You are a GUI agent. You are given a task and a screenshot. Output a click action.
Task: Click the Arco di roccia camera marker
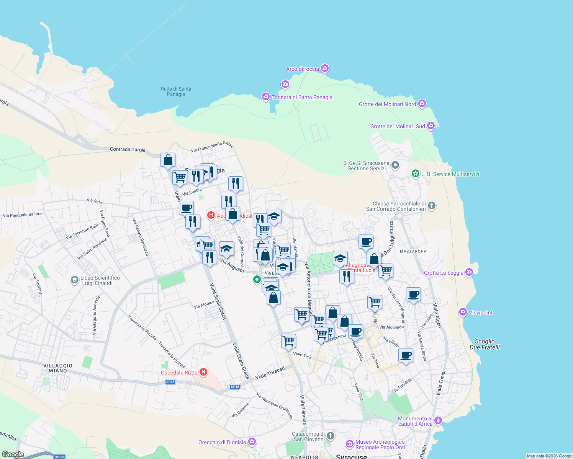[x=325, y=68]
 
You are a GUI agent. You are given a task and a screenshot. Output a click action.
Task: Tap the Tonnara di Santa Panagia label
[x=302, y=97]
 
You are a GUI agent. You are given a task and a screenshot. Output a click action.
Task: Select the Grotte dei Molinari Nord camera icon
[x=422, y=103]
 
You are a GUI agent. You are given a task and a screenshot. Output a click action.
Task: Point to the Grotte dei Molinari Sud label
[x=398, y=126]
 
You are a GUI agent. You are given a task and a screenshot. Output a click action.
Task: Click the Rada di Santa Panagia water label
[x=176, y=91]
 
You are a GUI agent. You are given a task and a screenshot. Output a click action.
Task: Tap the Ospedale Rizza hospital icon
[x=203, y=372]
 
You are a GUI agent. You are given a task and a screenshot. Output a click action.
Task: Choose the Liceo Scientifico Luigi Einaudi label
[x=100, y=280]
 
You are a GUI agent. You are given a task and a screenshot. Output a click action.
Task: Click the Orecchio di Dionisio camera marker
[x=252, y=441]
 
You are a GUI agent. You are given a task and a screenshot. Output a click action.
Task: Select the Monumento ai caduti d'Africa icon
[x=438, y=421]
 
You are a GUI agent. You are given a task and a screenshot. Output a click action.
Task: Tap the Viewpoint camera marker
[x=463, y=312]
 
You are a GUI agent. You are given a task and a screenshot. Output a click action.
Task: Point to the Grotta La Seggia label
[x=444, y=273]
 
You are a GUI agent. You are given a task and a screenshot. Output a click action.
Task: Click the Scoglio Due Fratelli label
[x=485, y=344]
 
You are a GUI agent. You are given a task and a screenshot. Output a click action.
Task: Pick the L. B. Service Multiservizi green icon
[x=415, y=174]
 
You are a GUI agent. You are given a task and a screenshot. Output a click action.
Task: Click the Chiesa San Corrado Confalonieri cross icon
[x=432, y=206]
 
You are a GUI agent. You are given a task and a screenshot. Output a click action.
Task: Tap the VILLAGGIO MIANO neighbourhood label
[x=58, y=368]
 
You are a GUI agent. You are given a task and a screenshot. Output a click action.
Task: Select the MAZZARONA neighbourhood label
[x=413, y=251]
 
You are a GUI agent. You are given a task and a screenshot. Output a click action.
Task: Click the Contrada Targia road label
[x=128, y=150]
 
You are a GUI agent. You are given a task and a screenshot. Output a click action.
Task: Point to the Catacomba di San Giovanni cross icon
[x=331, y=436]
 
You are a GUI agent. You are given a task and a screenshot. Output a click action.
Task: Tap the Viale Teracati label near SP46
[x=270, y=373]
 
